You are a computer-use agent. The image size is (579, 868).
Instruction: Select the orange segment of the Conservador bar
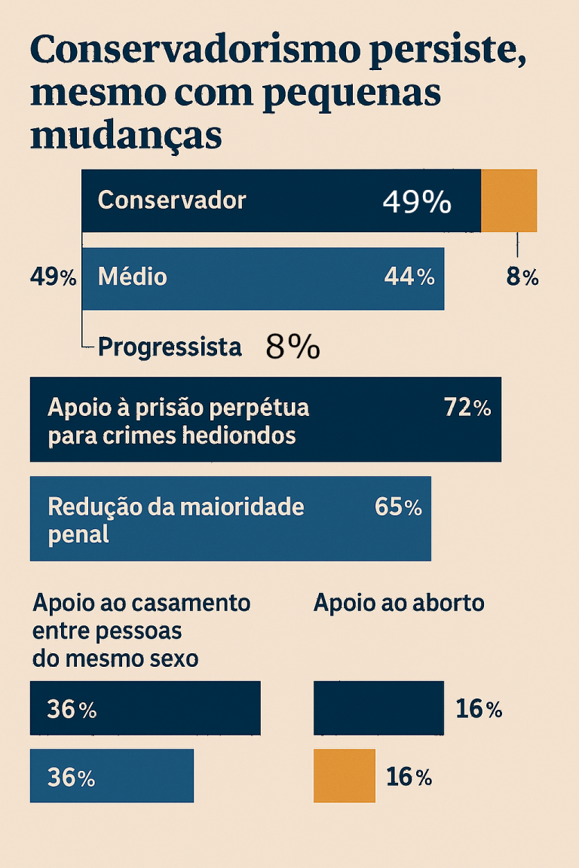(x=509, y=200)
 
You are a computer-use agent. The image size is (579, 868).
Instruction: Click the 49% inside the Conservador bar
(x=417, y=201)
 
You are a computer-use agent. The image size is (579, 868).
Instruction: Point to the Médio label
(x=133, y=277)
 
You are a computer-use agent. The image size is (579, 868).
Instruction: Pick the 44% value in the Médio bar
(x=409, y=277)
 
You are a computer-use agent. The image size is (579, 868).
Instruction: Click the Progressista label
(x=170, y=347)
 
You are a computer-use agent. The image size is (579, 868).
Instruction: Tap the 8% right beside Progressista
(x=293, y=347)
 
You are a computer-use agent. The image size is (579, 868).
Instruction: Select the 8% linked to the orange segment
(x=522, y=277)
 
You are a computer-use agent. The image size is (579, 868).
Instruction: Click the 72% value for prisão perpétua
(x=467, y=408)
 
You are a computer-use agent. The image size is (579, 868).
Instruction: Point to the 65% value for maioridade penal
(x=398, y=507)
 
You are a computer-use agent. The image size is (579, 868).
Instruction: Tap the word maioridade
(x=242, y=506)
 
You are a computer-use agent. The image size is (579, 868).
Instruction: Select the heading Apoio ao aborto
(x=399, y=603)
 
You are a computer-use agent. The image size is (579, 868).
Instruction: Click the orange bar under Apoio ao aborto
(x=345, y=775)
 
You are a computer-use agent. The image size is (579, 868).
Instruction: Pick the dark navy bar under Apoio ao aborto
(x=378, y=708)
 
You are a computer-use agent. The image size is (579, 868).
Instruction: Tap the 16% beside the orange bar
(x=409, y=777)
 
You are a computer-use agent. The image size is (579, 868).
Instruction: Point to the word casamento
(x=191, y=603)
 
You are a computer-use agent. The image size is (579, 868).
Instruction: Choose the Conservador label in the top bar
(x=172, y=200)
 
